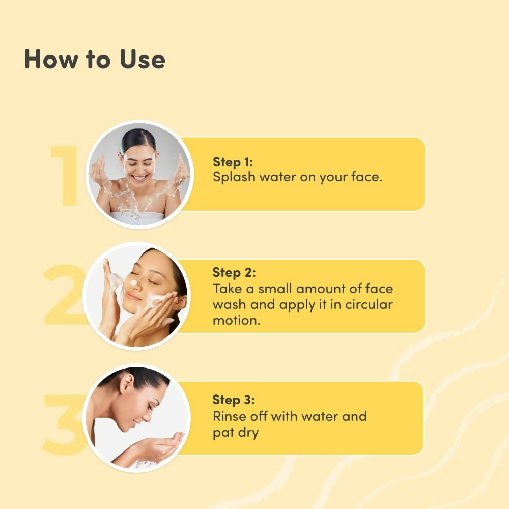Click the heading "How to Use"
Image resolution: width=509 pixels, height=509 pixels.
[x=95, y=59]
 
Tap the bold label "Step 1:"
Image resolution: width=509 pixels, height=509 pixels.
[x=233, y=162]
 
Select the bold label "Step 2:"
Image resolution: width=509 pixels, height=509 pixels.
[x=234, y=272]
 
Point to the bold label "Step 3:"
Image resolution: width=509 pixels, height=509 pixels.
[x=234, y=400]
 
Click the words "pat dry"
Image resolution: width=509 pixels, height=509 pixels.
[x=236, y=433]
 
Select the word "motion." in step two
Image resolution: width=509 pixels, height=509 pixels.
[x=236, y=321]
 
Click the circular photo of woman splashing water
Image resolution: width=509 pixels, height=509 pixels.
[x=139, y=175]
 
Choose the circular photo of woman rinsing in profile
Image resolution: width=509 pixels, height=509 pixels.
[x=136, y=417]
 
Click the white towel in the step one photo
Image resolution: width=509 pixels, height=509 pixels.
[x=137, y=217]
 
